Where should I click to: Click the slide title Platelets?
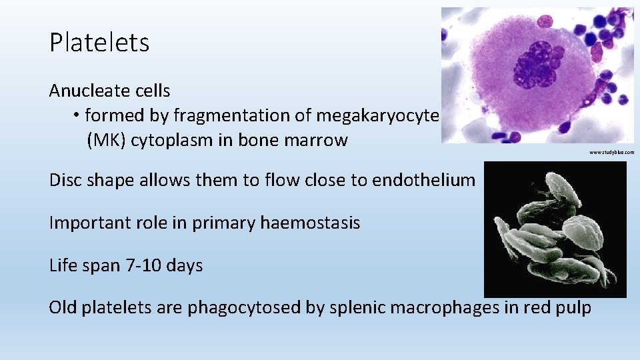[99, 43]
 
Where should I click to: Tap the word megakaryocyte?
[377, 115]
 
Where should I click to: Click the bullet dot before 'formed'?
[77, 116]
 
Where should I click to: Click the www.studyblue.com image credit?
[611, 153]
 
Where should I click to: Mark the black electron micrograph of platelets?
[555, 229]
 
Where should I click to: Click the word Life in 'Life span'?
[64, 265]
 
